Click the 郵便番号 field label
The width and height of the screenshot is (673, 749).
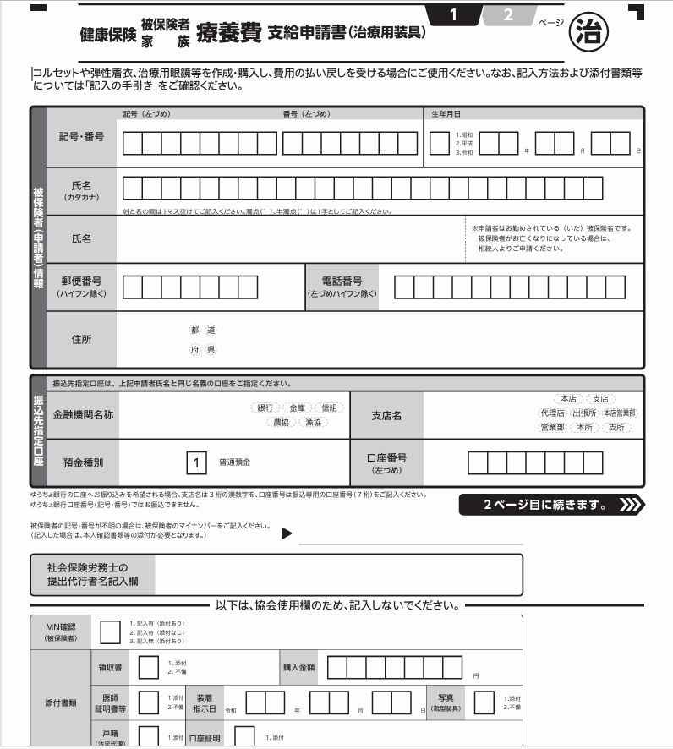[x=81, y=286]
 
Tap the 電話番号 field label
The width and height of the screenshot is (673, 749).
[x=342, y=286]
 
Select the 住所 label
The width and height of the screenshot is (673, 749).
[x=81, y=339]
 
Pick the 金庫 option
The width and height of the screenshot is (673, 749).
[x=297, y=408]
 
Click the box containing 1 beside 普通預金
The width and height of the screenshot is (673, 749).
[x=196, y=462]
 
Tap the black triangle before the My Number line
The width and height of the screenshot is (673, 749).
[x=286, y=533]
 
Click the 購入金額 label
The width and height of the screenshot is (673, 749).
[x=298, y=666]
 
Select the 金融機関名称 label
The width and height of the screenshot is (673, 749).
[x=83, y=415]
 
